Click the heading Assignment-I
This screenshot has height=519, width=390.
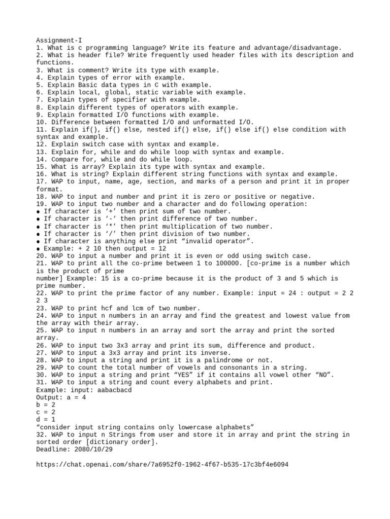[x=59, y=40]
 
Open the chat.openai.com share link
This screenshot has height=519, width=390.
[x=162, y=464]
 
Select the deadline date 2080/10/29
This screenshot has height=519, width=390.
[x=94, y=450]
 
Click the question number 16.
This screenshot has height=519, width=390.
[x=42, y=174]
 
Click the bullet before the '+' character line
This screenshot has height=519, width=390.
[x=39, y=211]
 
